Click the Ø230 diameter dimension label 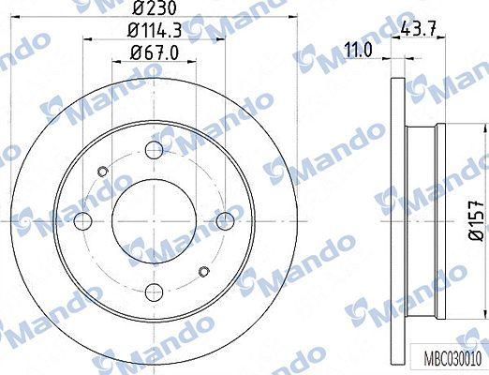pos(155,7)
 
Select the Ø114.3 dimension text pos(156,31)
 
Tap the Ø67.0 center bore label pos(155,52)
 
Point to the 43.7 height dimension pos(418,29)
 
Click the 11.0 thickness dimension pos(359,50)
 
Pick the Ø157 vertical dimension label pos(477,220)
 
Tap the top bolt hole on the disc pos(155,149)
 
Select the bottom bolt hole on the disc pos(155,292)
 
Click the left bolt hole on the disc pos(83,220)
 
